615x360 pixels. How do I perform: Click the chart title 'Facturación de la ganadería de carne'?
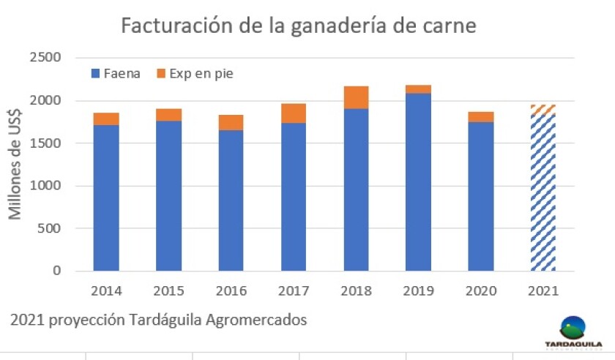point(298,26)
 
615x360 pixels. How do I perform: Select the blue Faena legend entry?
point(117,73)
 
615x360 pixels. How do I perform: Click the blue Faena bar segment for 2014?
point(106,198)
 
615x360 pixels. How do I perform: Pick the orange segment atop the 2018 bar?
point(356,97)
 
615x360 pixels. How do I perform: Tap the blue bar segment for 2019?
point(418,182)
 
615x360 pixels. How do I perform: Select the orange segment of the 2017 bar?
point(293,113)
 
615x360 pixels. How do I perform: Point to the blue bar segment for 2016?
point(231,200)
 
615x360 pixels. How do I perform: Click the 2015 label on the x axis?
point(168,290)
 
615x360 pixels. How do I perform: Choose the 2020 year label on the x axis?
point(480,290)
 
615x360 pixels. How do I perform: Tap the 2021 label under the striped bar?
point(543,290)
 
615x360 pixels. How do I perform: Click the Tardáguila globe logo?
point(573,326)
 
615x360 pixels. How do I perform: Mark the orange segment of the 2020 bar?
point(480,116)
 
